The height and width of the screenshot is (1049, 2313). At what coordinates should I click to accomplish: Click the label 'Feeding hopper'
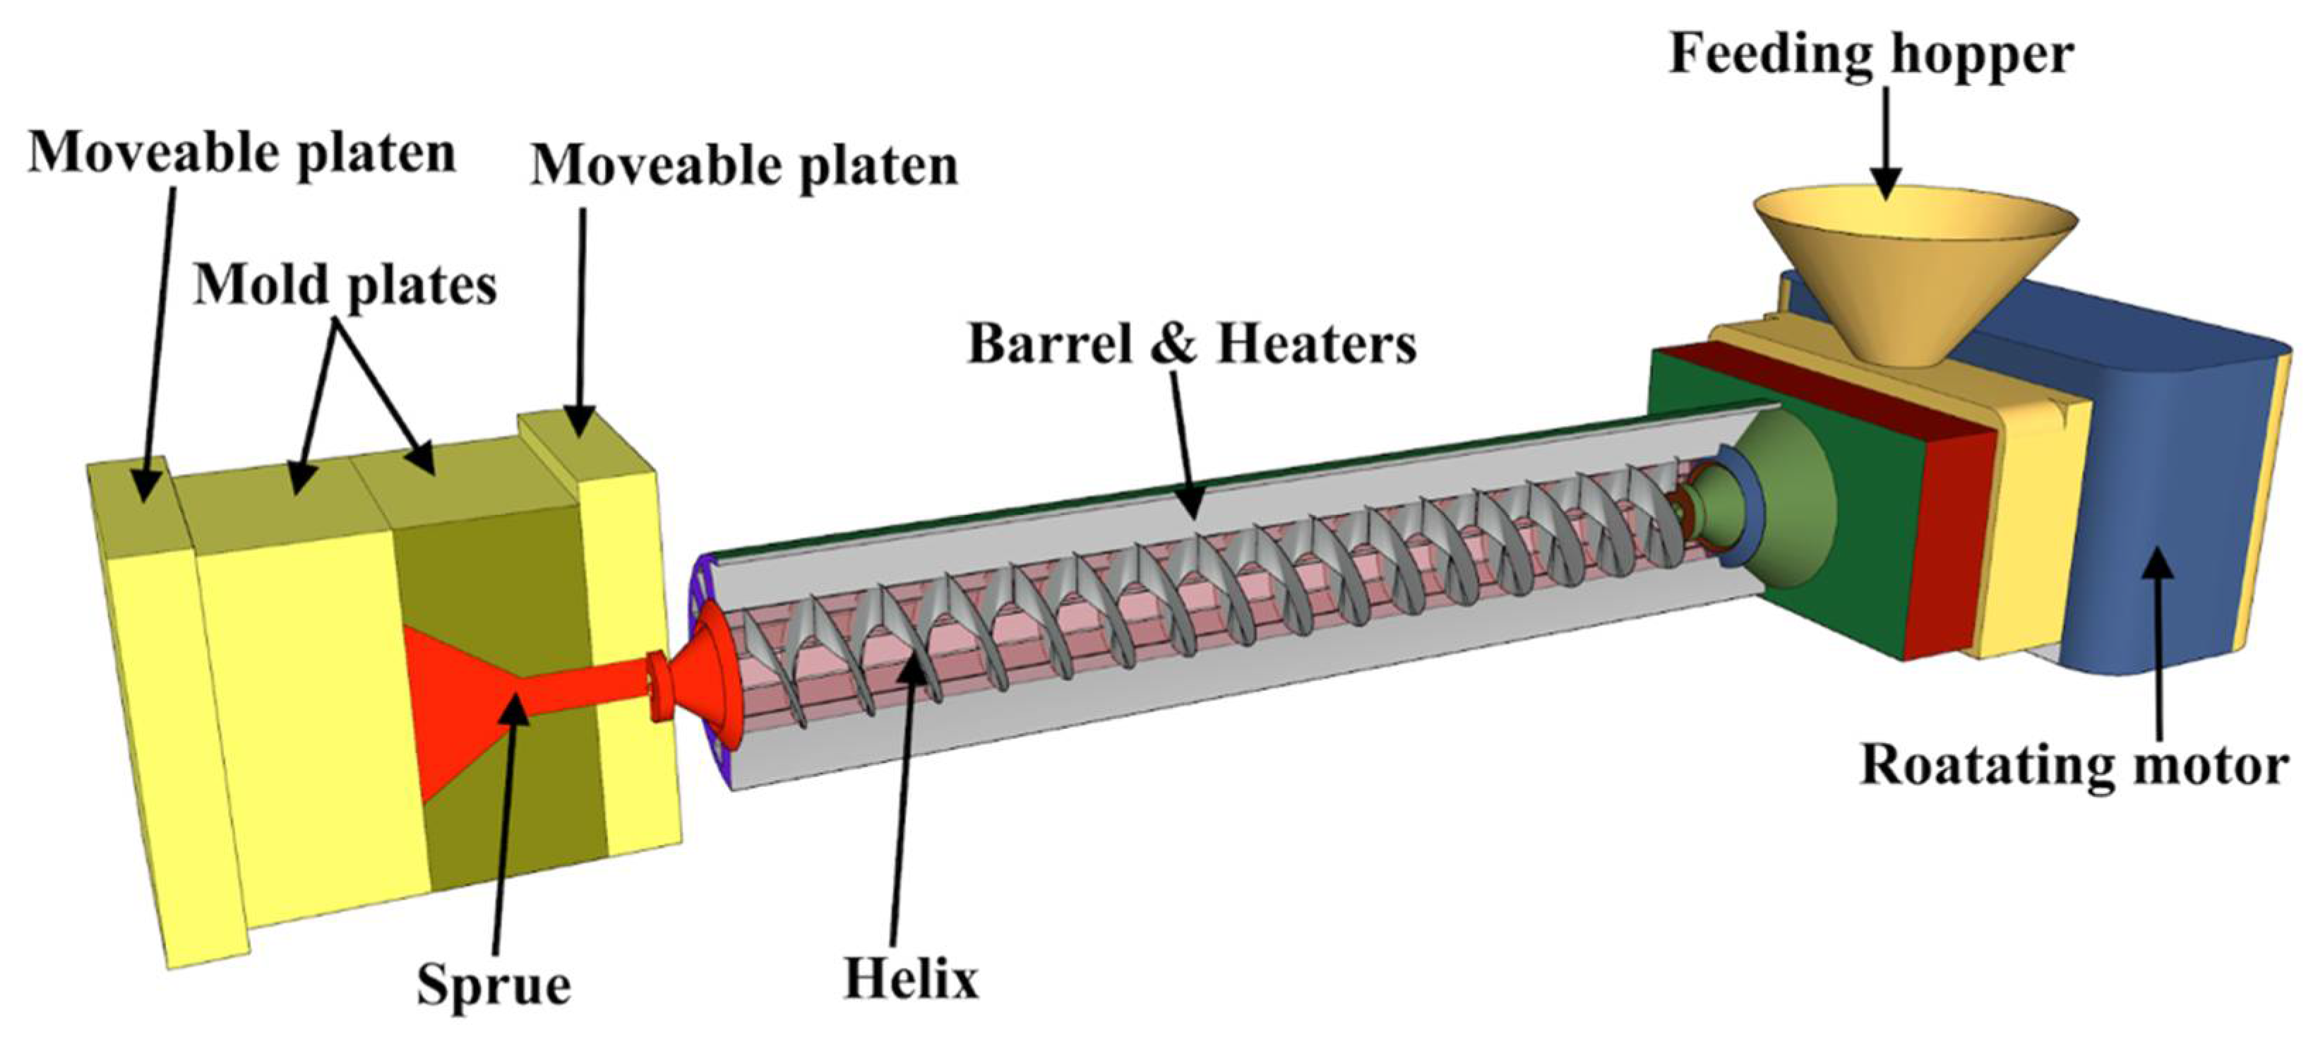pos(1870,56)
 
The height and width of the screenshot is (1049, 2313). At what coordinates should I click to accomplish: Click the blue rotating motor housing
pos(2173,503)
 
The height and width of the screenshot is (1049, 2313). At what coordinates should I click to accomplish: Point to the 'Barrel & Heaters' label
pos(1192,343)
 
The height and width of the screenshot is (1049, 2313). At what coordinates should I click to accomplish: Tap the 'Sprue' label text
pos(493,985)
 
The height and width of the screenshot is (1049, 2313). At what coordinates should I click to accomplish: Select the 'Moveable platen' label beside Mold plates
pos(744,166)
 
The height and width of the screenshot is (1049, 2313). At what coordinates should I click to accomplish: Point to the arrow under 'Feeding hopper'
pos(1886,143)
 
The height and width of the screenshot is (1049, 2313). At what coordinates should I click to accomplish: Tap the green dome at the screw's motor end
pos(1782,507)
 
